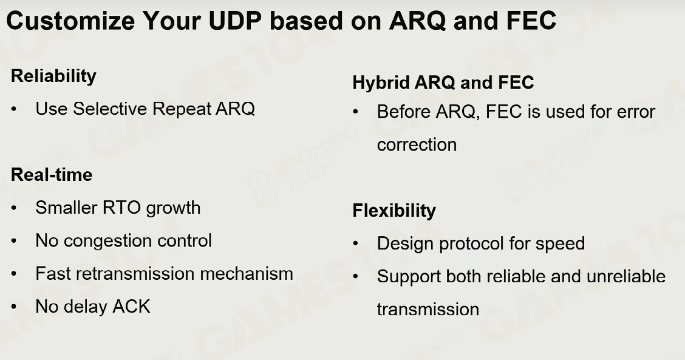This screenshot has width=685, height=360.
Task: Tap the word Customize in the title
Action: (70, 21)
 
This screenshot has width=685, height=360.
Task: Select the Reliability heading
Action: (53, 76)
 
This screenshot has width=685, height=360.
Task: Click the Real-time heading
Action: (52, 175)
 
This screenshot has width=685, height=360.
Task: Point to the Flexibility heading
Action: (394, 211)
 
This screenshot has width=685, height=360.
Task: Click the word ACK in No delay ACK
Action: (131, 307)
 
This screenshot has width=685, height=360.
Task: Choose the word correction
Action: (417, 145)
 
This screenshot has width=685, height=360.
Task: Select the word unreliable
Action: (626, 277)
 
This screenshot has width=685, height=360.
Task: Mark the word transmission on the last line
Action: (428, 310)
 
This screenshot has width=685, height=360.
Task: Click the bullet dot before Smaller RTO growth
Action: (15, 208)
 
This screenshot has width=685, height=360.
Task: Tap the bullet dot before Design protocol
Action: (356, 244)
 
